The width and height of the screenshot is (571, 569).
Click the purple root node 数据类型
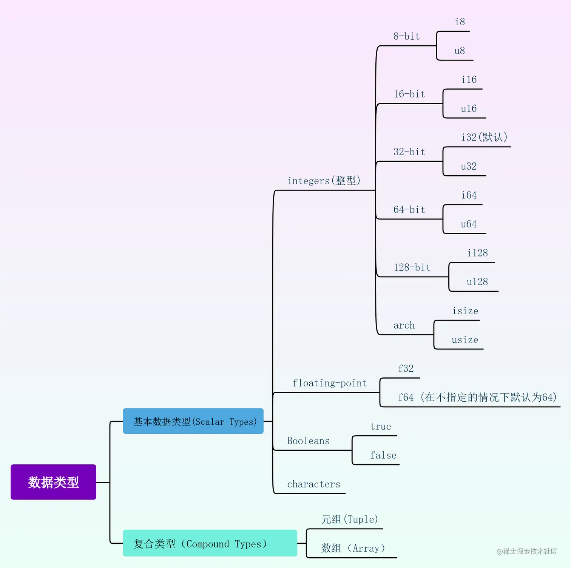pyautogui.click(x=53, y=482)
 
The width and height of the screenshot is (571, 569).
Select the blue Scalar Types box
pyautogui.click(x=193, y=421)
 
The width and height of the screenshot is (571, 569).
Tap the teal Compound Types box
pyautogui.click(x=210, y=543)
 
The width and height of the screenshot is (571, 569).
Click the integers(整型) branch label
pyautogui.click(x=324, y=181)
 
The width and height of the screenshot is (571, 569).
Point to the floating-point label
pyautogui.click(x=329, y=383)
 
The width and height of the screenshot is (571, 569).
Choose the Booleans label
pyautogui.click(x=308, y=441)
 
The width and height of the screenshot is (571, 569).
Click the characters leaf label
pyautogui.click(x=313, y=484)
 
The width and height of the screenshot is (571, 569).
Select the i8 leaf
pyautogui.click(x=460, y=22)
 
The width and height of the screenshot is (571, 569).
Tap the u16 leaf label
pyautogui.click(x=469, y=109)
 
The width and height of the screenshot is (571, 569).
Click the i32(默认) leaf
pyautogui.click(x=484, y=137)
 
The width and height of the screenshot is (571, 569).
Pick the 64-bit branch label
pyautogui.click(x=409, y=210)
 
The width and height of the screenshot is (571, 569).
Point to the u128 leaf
pyautogui.click(x=477, y=282)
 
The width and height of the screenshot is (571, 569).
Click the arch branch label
pyautogui.click(x=404, y=325)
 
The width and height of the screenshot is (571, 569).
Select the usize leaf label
pyautogui.click(x=465, y=340)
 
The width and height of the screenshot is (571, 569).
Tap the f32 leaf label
pyautogui.click(x=406, y=369)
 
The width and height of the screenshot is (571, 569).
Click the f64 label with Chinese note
pyautogui.click(x=477, y=397)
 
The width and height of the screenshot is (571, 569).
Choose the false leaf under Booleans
pyautogui.click(x=383, y=455)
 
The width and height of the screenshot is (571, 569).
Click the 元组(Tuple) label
pyautogui.click(x=349, y=520)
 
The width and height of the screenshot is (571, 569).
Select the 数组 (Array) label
pyautogui.click(x=353, y=548)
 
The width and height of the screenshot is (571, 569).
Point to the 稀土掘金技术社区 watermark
pyautogui.click(x=527, y=551)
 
